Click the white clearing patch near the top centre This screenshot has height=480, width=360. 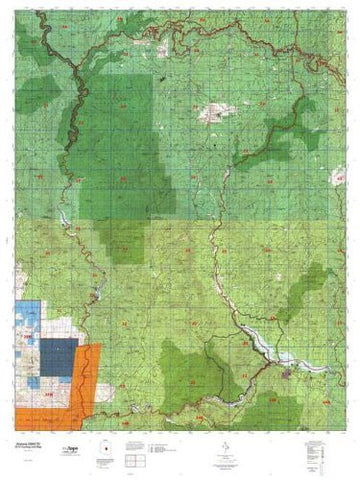click(x=213, y=113)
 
